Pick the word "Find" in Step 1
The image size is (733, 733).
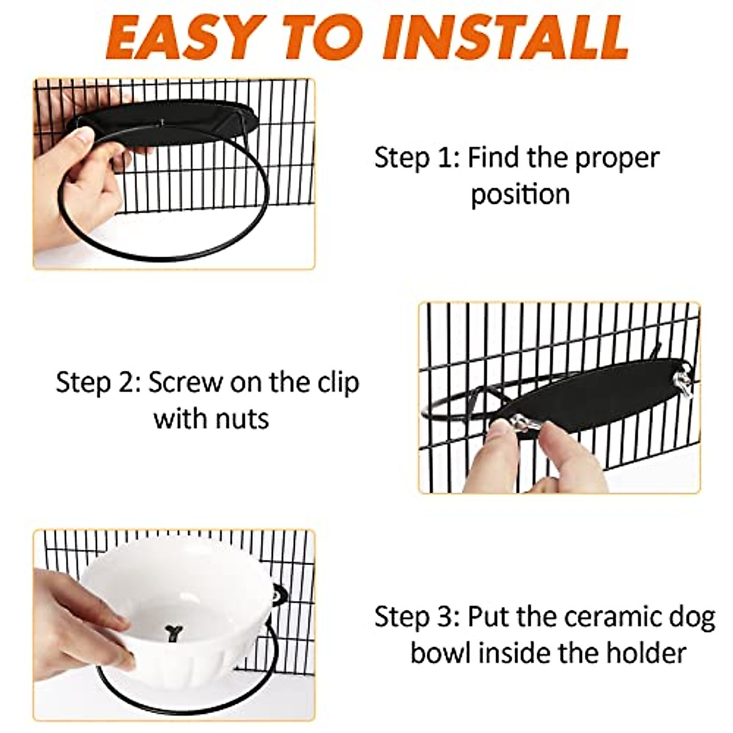494,158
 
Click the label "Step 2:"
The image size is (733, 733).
98,383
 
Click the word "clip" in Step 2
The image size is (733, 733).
335,383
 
